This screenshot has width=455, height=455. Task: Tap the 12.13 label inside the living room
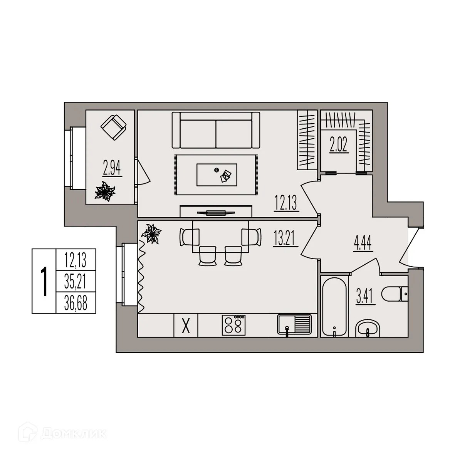[x=286, y=203]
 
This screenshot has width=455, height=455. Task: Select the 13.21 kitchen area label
[x=285, y=238]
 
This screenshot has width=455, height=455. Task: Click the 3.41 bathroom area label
[x=366, y=296]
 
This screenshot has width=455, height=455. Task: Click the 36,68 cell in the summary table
[x=76, y=303]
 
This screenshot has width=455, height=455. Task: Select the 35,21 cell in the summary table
[x=76, y=282]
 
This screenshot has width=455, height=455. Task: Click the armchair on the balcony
[x=113, y=128]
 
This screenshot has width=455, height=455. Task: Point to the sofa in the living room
[x=216, y=130]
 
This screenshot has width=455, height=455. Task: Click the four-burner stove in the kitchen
[x=234, y=325]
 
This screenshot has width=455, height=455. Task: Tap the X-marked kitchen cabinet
[x=186, y=325]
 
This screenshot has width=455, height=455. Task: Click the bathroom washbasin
[x=368, y=328]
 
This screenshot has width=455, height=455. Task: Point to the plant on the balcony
[x=105, y=191]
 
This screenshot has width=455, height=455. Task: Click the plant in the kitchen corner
[x=151, y=233]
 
